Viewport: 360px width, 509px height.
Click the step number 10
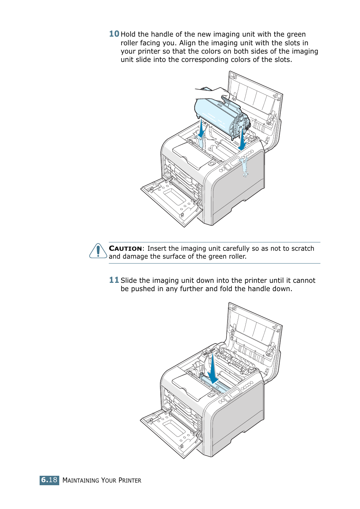114,34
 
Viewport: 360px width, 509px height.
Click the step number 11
114,280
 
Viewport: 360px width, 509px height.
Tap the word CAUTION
125,248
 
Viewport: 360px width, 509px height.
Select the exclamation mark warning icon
98,251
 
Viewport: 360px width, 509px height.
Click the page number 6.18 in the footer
49,480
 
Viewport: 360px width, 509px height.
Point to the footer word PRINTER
130,480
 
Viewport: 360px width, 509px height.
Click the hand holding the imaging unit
213,93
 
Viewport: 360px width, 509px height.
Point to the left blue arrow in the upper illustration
202,130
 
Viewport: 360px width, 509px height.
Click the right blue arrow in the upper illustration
242,140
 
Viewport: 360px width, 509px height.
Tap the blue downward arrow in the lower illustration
213,370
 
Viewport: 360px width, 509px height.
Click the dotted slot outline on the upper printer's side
245,166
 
